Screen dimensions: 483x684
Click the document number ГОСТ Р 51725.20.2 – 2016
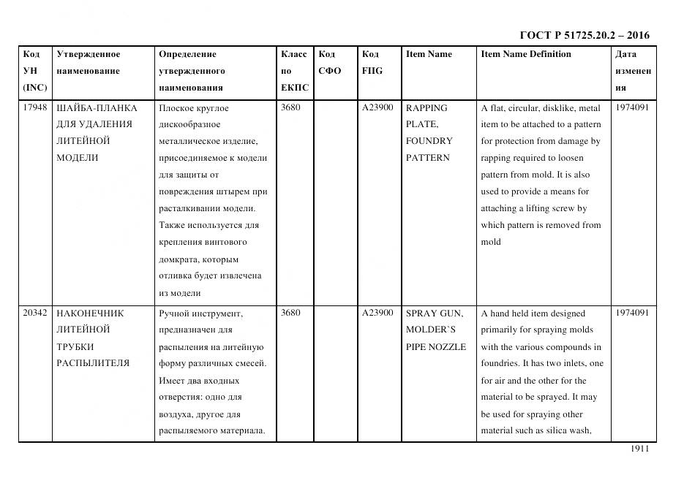(x=584, y=35)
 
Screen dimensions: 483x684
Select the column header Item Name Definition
(x=525, y=54)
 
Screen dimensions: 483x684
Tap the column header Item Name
(x=429, y=54)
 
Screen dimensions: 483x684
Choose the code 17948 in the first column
(x=35, y=107)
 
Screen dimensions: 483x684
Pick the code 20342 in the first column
(x=35, y=313)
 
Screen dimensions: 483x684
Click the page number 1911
(x=639, y=449)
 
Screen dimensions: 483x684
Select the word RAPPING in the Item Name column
(x=426, y=107)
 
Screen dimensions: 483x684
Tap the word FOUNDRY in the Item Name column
(x=429, y=141)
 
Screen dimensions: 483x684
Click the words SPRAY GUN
(x=435, y=313)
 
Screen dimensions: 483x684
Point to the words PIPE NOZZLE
(x=436, y=346)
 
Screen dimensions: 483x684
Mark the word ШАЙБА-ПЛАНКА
(x=97, y=107)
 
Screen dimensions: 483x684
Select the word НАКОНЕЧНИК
(x=90, y=313)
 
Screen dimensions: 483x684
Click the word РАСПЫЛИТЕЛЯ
(x=93, y=363)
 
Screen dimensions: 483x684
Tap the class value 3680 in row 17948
(x=290, y=107)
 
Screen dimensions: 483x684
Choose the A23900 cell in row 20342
(x=377, y=313)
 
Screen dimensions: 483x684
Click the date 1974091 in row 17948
(x=632, y=107)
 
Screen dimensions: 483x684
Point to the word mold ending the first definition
(x=491, y=242)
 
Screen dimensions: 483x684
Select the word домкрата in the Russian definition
(x=178, y=259)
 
